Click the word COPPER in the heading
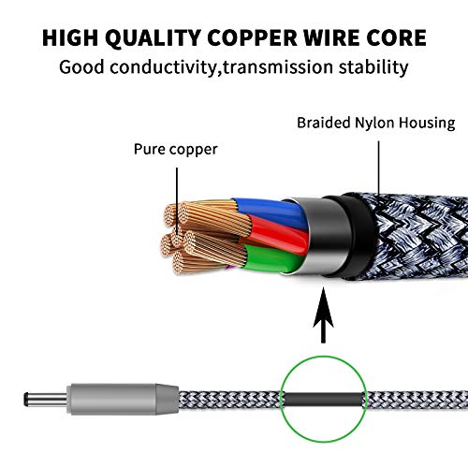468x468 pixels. pos(252,38)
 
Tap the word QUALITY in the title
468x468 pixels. pos(153,38)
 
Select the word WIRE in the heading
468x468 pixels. pos(331,38)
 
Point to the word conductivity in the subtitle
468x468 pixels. pos(163,67)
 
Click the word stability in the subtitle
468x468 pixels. pos(373,67)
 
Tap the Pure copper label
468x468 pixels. pos(176,150)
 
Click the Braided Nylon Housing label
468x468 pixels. pos(376,123)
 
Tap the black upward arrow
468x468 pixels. pos(323,315)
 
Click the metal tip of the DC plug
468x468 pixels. pos(46,399)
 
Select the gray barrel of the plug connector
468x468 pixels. pos(123,399)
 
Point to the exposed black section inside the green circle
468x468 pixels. pos(325,400)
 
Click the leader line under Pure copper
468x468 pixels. pos(177,200)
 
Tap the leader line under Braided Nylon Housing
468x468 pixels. pos(379,168)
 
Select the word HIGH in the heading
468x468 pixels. pos(70,38)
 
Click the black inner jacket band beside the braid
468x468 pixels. pos(353,236)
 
